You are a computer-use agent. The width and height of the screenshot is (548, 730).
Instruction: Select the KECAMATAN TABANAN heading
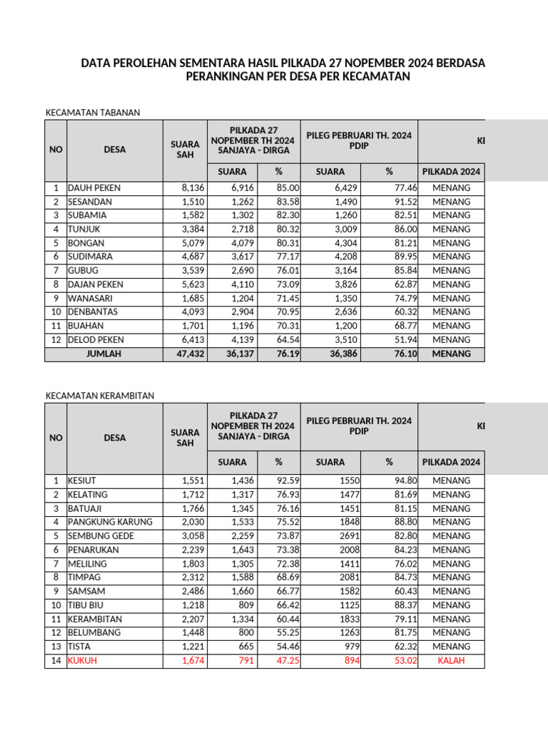pyautogui.click(x=93, y=112)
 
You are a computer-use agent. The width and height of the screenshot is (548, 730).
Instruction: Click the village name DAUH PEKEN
pyautogui.click(x=94, y=188)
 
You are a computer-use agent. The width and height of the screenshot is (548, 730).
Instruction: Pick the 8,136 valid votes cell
pyautogui.click(x=185, y=188)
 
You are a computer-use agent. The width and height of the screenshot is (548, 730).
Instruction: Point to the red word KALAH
pyautogui.click(x=451, y=661)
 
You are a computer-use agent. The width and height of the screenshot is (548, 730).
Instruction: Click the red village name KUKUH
pyautogui.click(x=82, y=661)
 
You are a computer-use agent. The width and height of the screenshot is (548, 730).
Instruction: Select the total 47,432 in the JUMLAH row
pyautogui.click(x=183, y=354)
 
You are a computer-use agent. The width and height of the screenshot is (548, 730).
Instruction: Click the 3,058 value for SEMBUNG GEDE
pyautogui.click(x=186, y=536)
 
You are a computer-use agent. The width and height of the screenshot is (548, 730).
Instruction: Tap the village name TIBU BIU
pyautogui.click(x=86, y=605)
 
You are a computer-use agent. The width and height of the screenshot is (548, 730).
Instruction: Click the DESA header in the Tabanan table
pyautogui.click(x=114, y=150)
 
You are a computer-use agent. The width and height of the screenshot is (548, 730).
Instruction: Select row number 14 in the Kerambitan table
pyautogui.click(x=55, y=661)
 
